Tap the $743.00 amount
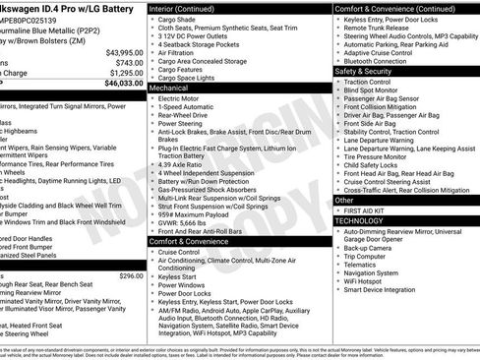(129, 62)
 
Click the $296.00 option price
(131, 276)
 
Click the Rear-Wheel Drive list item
(189, 116)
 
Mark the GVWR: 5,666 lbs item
(191, 222)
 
